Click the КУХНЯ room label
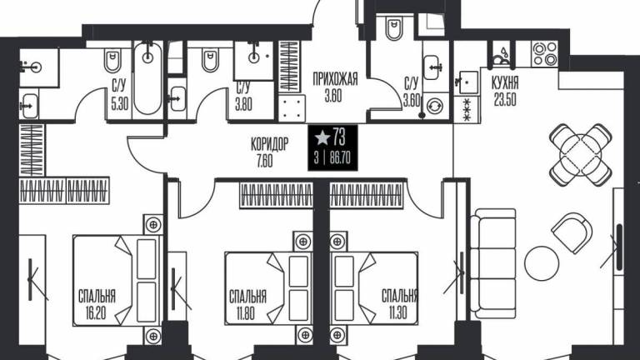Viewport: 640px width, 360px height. (504, 82)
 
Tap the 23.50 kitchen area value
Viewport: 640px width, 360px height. (505, 100)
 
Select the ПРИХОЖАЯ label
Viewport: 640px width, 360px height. (335, 79)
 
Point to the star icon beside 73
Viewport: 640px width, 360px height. (322, 137)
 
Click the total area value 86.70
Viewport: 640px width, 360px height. (340, 157)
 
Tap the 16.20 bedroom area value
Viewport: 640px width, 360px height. (96, 313)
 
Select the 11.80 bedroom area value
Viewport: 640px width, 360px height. (245, 313)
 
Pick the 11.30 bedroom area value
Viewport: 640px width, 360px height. (397, 313)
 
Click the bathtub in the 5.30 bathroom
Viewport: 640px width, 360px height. (147, 78)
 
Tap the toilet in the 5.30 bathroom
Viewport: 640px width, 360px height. (112, 60)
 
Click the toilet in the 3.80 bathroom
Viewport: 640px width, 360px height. (210, 60)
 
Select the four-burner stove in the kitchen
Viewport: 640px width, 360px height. (545, 54)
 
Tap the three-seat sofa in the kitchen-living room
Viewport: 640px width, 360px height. (492, 264)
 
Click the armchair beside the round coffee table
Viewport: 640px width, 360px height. (572, 232)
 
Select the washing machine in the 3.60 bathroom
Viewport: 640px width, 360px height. (434, 106)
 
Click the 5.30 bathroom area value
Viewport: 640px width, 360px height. (120, 104)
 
